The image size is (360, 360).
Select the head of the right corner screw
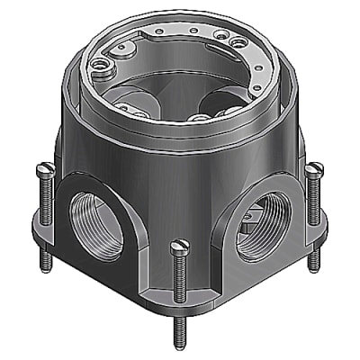(313, 167)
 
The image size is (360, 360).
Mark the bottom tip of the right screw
(312, 268)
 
